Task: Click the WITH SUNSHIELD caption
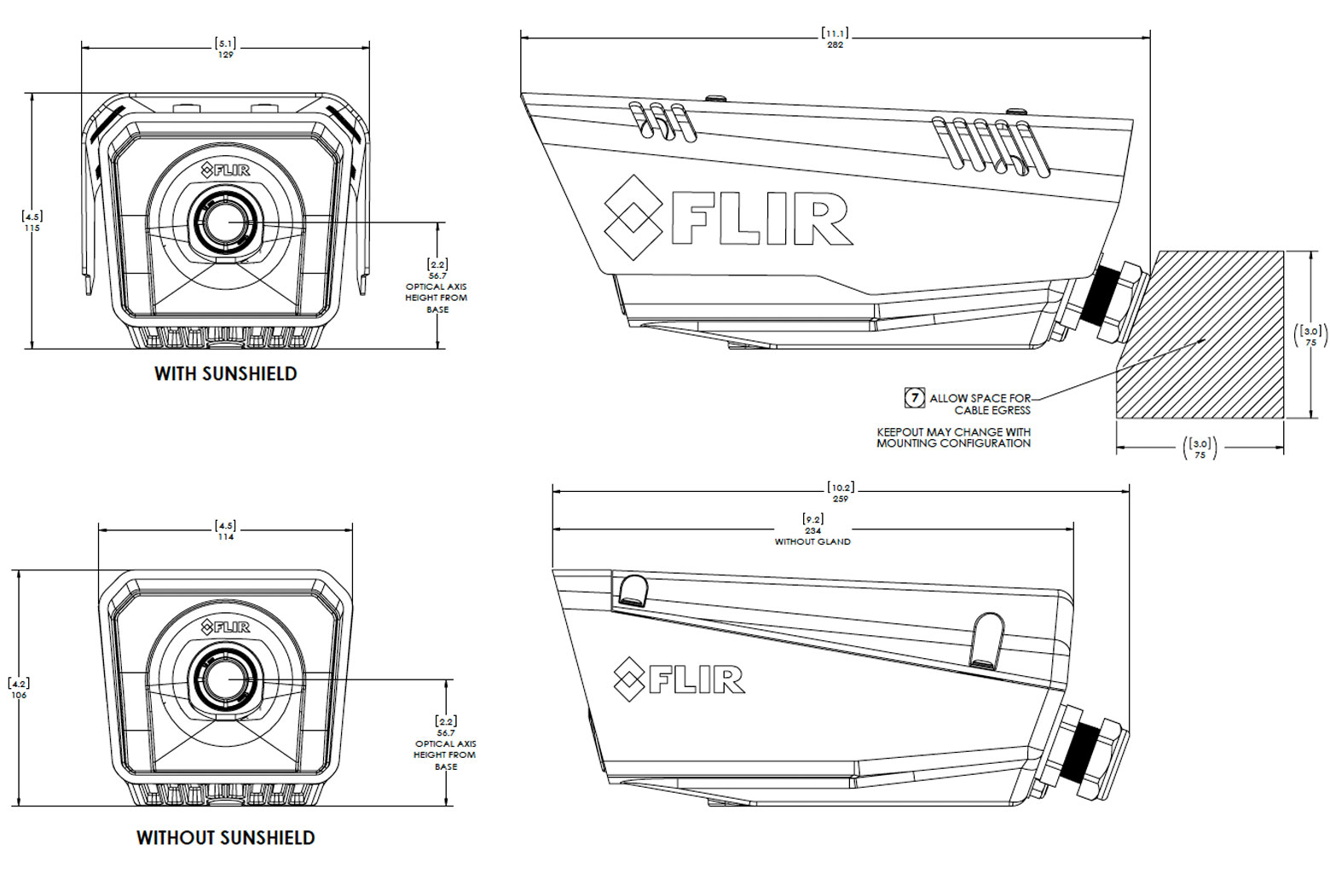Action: click(x=225, y=373)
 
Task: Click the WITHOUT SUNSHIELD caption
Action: click(x=225, y=837)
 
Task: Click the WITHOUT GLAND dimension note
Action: click(x=812, y=541)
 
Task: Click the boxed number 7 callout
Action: click(x=914, y=397)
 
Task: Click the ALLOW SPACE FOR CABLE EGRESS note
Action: click(x=980, y=403)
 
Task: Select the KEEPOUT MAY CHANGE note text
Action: click(x=953, y=437)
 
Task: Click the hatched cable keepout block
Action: click(x=1211, y=341)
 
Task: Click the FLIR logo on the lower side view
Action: click(x=679, y=679)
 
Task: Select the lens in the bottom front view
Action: click(x=226, y=679)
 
